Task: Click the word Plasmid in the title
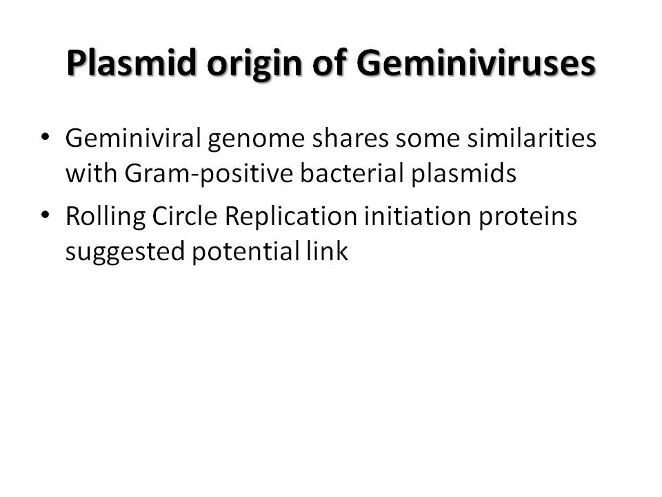tap(132, 63)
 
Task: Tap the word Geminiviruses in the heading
tap(476, 63)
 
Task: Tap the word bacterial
tap(352, 173)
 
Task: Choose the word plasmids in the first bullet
tap(463, 174)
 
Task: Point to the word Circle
tap(185, 216)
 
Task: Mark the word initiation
tap(418, 216)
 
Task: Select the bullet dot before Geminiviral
tap(46, 137)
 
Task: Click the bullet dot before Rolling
tap(46, 215)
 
